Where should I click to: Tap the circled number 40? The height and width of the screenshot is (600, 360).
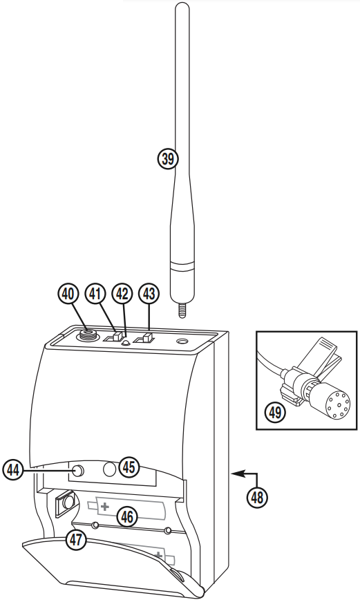(x=68, y=294)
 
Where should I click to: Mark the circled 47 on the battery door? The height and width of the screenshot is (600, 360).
(x=77, y=540)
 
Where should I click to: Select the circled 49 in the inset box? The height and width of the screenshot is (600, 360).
(x=276, y=413)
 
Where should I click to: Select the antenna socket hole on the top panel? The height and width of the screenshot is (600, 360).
(x=183, y=341)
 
